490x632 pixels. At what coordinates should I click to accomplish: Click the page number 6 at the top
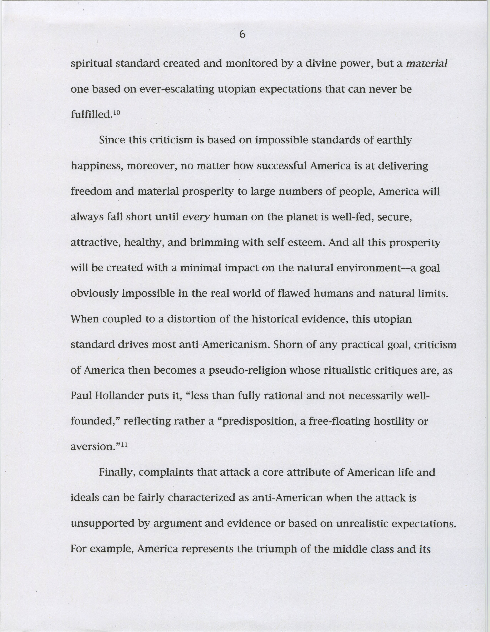coord(242,35)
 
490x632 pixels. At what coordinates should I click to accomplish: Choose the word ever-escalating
coord(177,89)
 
